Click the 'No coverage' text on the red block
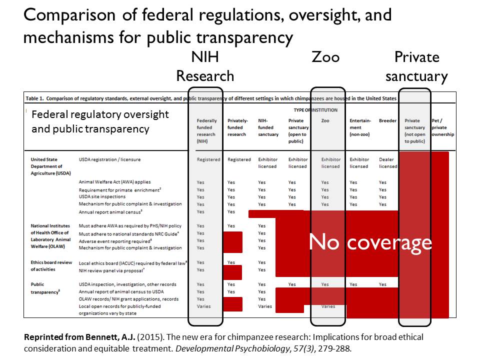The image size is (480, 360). (370, 242)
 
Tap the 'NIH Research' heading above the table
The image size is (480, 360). (205, 66)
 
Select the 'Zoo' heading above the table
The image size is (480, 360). (325, 57)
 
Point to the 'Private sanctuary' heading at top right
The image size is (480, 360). (416, 66)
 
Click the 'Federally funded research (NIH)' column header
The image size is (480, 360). (206, 131)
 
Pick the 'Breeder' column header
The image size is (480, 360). (387, 121)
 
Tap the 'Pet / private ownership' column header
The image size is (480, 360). (442, 127)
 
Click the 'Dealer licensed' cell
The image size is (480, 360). (388, 163)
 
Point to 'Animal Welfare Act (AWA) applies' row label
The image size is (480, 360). (114, 182)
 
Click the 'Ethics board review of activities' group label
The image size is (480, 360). (51, 266)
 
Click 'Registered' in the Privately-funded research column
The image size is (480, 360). (239, 160)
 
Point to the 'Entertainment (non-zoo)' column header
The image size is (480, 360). (360, 127)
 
